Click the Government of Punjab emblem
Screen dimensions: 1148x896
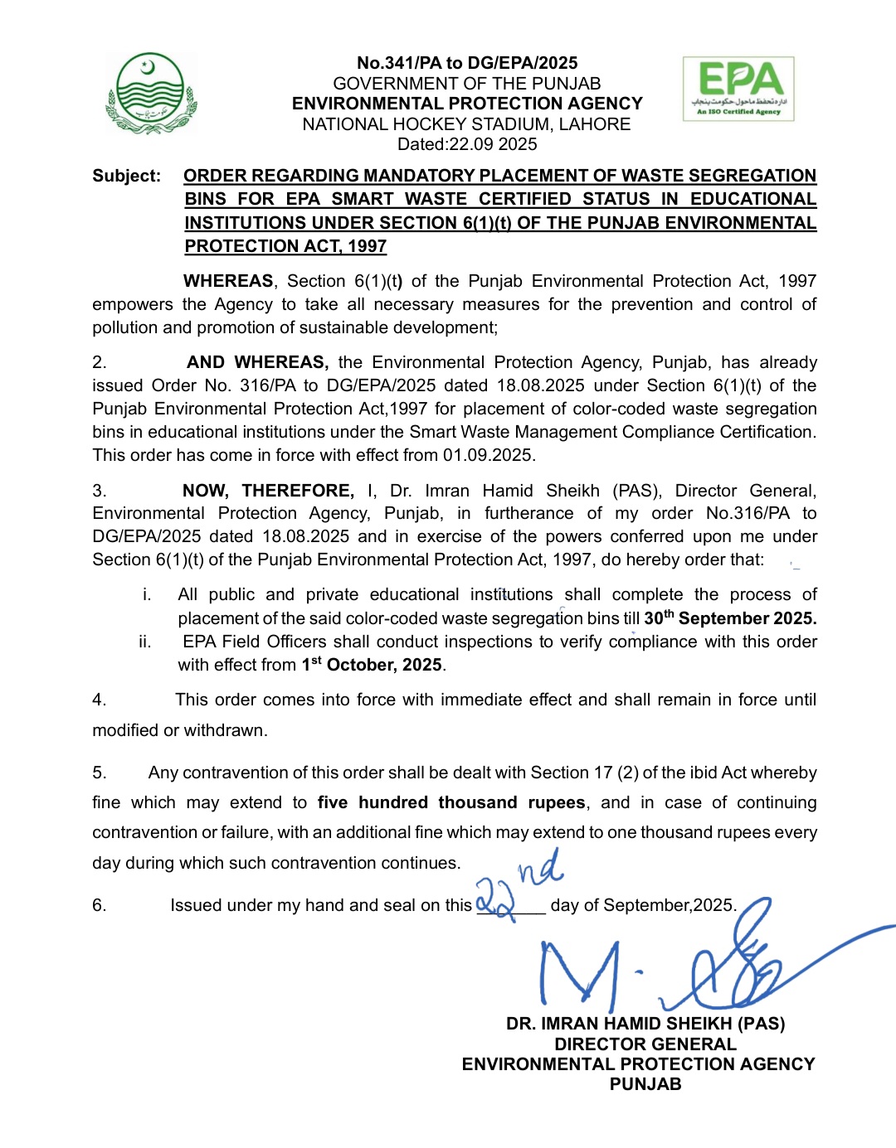(152, 94)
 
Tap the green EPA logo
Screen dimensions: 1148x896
(738, 89)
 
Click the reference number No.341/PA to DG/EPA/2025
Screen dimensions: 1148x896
(467, 63)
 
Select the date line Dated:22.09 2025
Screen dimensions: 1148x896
(467, 144)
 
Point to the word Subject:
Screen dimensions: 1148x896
(126, 176)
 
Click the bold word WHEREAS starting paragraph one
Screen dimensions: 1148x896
(228, 281)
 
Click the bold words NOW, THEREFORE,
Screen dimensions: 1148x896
(268, 491)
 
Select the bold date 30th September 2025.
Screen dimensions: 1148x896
(730, 618)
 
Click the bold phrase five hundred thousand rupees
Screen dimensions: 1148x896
(451, 802)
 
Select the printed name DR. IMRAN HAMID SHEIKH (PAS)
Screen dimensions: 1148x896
(645, 1024)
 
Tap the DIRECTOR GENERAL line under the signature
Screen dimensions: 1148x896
(645, 1044)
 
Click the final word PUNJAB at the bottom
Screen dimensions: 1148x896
(645, 1084)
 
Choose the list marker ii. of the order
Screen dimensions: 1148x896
(145, 642)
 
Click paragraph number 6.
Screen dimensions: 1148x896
(100, 905)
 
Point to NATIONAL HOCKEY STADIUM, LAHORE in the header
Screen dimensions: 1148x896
(467, 124)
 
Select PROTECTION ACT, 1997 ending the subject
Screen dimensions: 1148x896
(285, 246)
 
